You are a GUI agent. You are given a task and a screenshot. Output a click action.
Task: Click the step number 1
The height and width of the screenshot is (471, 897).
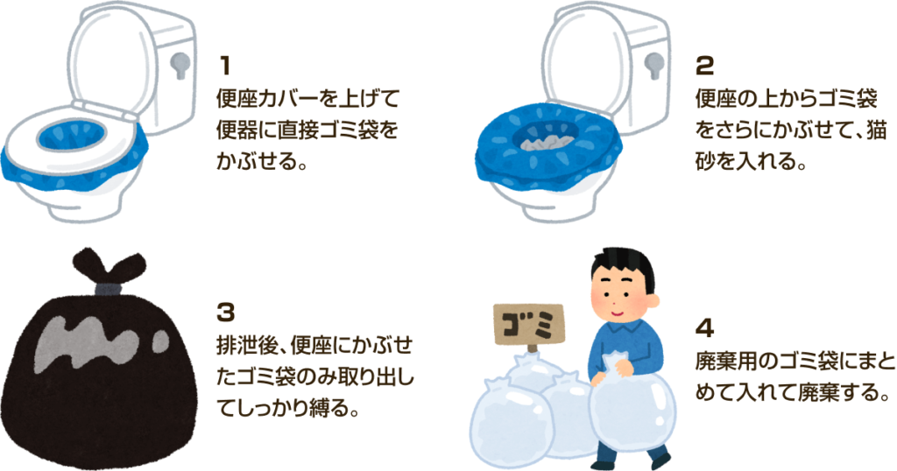click(225, 66)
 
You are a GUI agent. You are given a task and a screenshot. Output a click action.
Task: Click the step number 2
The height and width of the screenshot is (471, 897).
click(704, 67)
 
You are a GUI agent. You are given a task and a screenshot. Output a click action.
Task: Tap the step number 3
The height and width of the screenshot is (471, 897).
click(226, 313)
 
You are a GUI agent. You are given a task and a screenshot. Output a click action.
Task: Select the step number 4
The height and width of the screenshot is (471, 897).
click(704, 328)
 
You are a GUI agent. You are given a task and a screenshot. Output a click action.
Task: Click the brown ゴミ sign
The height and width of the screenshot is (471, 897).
click(528, 326)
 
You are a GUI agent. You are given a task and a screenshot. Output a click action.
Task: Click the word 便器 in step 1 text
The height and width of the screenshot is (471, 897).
click(237, 131)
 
